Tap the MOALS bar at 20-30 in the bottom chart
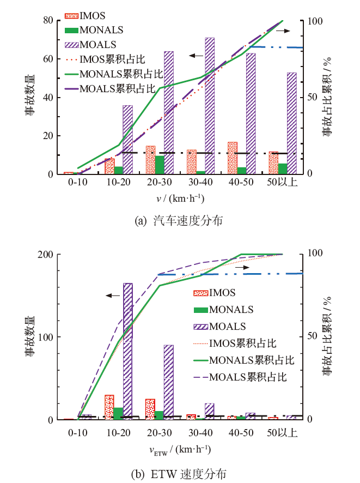[168, 382]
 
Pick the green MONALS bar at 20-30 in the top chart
[160, 165]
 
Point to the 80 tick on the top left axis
[48, 21]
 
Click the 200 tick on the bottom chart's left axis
[46, 255]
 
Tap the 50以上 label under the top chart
[283, 182]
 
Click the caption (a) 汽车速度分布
[180, 220]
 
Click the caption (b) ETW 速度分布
[180, 472]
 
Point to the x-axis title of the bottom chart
[180, 450]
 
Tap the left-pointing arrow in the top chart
[196, 56]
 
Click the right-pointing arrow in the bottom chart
[242, 268]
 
